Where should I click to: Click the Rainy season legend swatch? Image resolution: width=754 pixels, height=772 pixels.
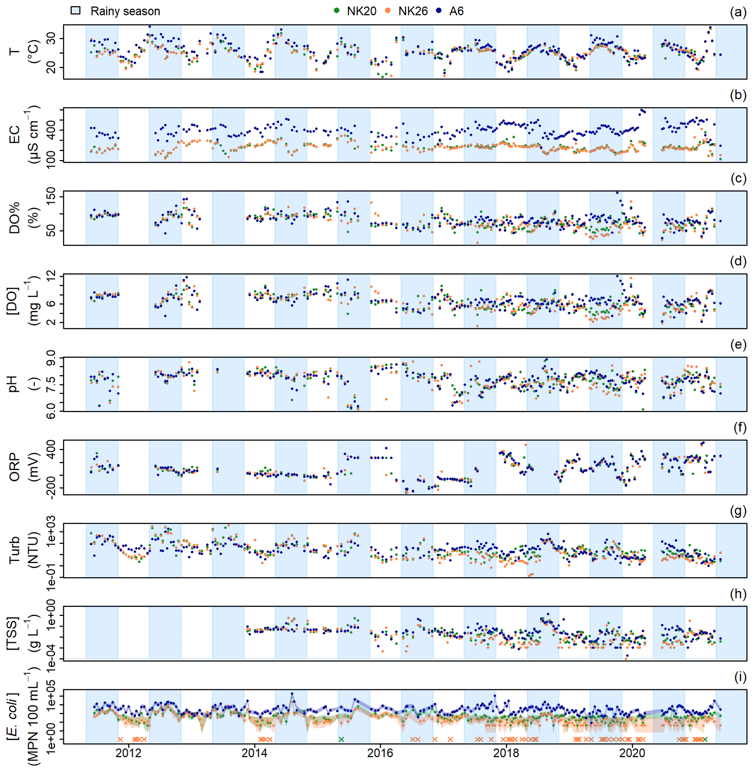pos(75,11)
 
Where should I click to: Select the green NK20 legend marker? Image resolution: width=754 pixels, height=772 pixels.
pos(337,11)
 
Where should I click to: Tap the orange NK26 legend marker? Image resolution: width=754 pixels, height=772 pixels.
pos(388,11)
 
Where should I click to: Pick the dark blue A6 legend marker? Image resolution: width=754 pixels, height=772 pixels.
pos(439,11)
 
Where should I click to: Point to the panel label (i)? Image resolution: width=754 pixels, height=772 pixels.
pos(740,678)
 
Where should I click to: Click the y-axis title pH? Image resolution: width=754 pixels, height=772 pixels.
pos(14,384)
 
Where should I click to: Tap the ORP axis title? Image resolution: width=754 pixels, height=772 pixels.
pos(14,468)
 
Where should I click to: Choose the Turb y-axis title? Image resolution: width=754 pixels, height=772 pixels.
pos(14,550)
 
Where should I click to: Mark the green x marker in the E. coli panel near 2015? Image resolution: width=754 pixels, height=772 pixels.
pos(341,739)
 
